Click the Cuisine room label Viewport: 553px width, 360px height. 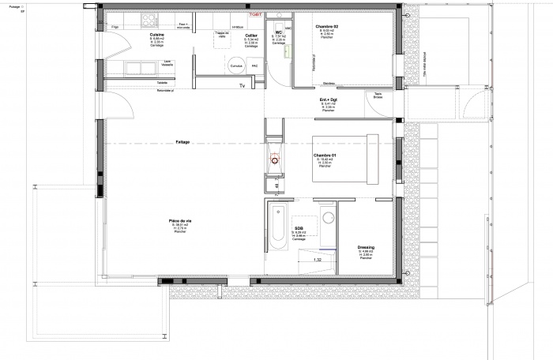pos(156,36)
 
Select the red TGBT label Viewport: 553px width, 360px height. pos(254,14)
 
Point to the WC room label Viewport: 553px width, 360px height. pos(279,32)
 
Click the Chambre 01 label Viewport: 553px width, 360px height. pos(324,156)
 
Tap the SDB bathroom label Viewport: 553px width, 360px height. pos(299,228)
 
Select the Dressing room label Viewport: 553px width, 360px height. pos(365,248)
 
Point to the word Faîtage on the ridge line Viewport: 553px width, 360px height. pos(183,142)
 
